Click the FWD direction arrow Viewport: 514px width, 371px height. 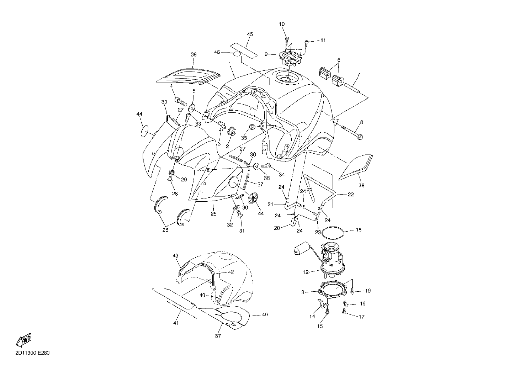pos(24,340)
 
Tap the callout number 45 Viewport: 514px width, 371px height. pos(250,34)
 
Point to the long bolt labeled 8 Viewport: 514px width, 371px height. pos(351,133)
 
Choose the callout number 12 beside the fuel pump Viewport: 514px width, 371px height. pos(306,272)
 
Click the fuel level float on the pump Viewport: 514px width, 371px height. pos(300,248)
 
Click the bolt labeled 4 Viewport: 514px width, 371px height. pos(181,101)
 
